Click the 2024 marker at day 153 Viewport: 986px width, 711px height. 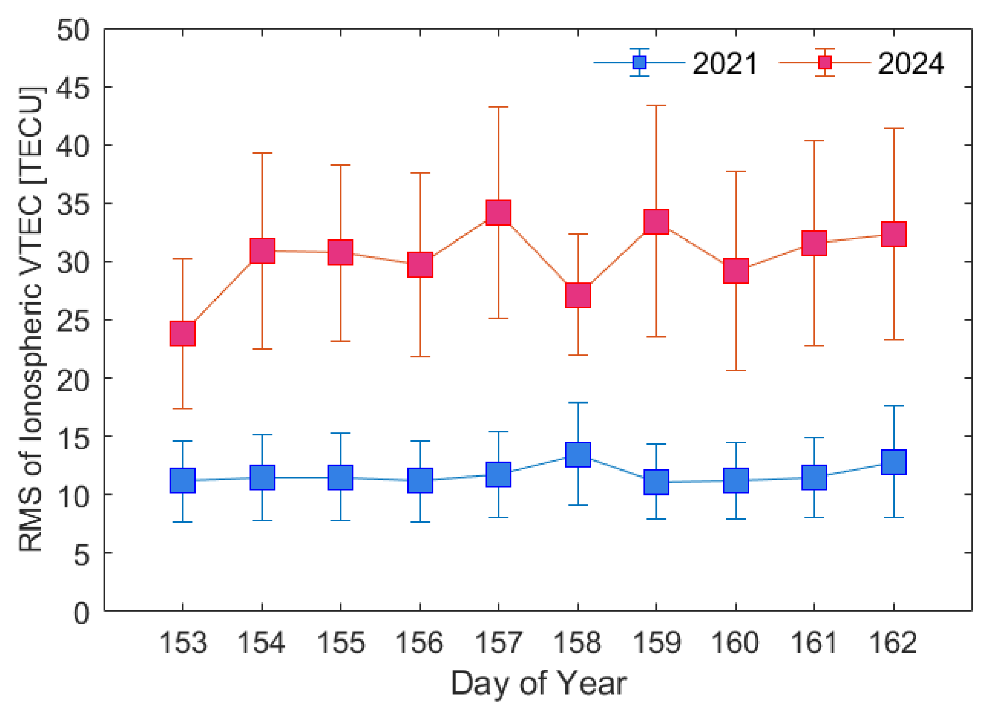click(x=183, y=334)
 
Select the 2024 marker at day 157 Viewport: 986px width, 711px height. click(x=498, y=213)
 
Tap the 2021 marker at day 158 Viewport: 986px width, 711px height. click(x=578, y=454)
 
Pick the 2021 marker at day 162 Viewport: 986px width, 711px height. click(x=894, y=462)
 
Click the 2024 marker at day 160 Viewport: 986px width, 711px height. click(x=736, y=271)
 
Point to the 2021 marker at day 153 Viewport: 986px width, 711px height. click(x=183, y=480)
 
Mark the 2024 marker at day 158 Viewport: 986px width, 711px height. click(x=578, y=295)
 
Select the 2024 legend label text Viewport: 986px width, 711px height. click(x=911, y=63)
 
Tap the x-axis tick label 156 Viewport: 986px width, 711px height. click(x=419, y=643)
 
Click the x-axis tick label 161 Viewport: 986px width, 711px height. click(x=814, y=643)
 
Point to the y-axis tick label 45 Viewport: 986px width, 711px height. click(x=73, y=88)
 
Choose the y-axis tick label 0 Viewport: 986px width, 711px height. click(x=81, y=613)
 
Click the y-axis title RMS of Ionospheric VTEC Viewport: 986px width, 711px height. click(x=31, y=319)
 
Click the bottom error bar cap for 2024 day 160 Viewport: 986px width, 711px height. click(x=736, y=370)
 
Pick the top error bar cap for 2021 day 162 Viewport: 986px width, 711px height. click(x=894, y=406)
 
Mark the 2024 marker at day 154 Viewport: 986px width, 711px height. click(x=262, y=251)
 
